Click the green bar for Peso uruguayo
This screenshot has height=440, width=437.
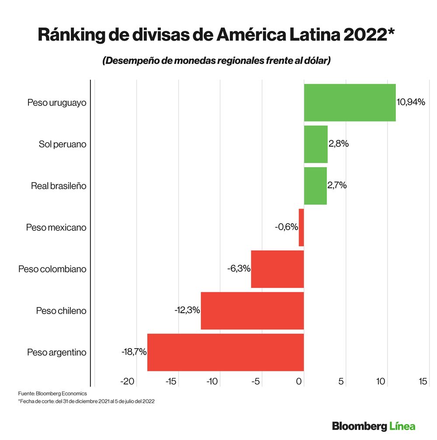point(350,102)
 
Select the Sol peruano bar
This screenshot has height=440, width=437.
point(316,144)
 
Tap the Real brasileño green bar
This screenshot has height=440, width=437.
point(315,185)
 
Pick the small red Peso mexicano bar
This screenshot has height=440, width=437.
point(301,227)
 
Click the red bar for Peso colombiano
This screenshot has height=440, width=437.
point(277,269)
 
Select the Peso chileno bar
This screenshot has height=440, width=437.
point(252,311)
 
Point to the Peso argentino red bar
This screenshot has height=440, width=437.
point(225,352)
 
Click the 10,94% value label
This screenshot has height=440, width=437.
point(411,102)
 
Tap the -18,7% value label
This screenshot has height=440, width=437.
point(134,351)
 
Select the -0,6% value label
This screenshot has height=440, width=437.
point(286,227)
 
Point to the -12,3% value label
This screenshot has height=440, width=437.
point(187,310)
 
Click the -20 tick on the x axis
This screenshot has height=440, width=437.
point(127,382)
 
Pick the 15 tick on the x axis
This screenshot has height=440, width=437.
point(423,382)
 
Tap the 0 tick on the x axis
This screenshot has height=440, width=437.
point(299,382)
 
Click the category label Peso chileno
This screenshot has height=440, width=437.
point(61,311)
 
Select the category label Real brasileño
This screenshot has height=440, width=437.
point(59,186)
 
